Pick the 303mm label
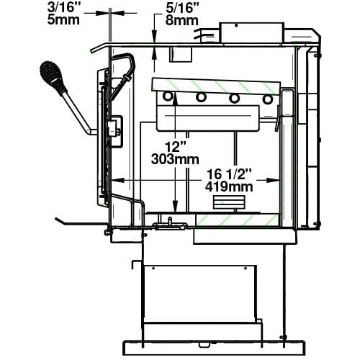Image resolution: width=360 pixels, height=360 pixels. [x=175, y=159]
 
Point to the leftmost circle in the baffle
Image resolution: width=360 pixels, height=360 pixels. [x=168, y=96]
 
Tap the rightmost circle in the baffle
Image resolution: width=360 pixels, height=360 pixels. [x=268, y=99]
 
